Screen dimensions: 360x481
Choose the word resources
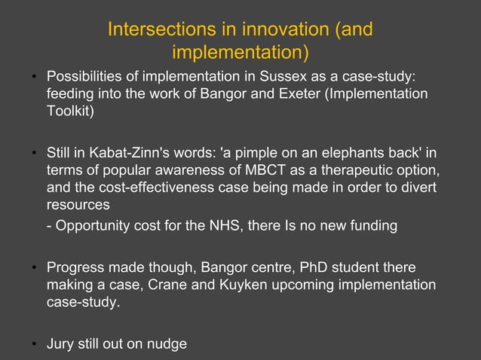pyautogui.click(x=78, y=204)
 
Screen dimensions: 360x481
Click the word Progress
pyautogui.click(x=76, y=267)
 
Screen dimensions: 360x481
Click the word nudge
pyautogui.click(x=168, y=345)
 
